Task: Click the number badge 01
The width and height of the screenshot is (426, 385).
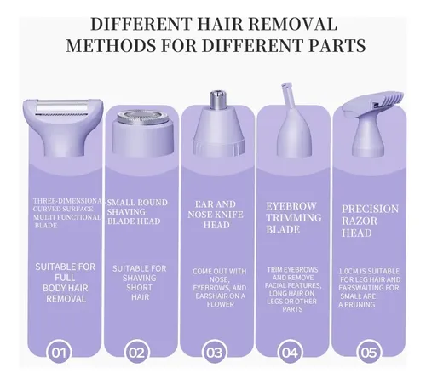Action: point(59,353)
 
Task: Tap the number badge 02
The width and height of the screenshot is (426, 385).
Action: point(137,353)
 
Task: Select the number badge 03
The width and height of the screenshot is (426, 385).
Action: point(215,353)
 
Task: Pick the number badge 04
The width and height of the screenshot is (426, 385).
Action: point(290,353)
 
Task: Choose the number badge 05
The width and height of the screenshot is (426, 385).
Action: point(369,353)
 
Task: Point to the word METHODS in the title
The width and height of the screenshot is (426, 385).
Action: point(111,45)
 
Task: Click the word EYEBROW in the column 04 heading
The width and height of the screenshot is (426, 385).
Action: point(291,206)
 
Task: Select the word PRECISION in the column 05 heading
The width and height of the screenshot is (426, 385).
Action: point(370,209)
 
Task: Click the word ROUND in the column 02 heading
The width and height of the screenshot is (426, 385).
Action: point(153,203)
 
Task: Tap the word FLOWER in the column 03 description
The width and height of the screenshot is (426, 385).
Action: point(221,304)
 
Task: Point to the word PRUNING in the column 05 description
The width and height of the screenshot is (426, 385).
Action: point(360,305)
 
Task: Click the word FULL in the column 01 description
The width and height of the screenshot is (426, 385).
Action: point(65,278)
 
